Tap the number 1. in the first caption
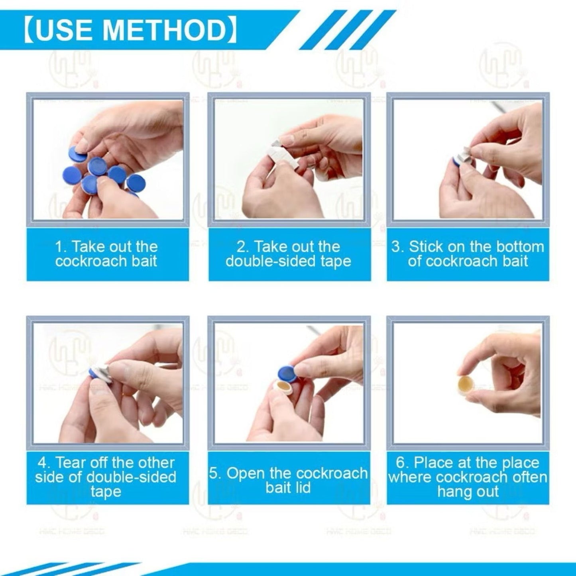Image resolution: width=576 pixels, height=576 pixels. tap(61, 247)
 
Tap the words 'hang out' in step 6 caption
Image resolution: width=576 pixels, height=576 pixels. tap(468, 491)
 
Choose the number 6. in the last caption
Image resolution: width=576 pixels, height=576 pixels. tap(403, 463)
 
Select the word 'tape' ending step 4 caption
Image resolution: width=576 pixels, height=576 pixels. tap(106, 491)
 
